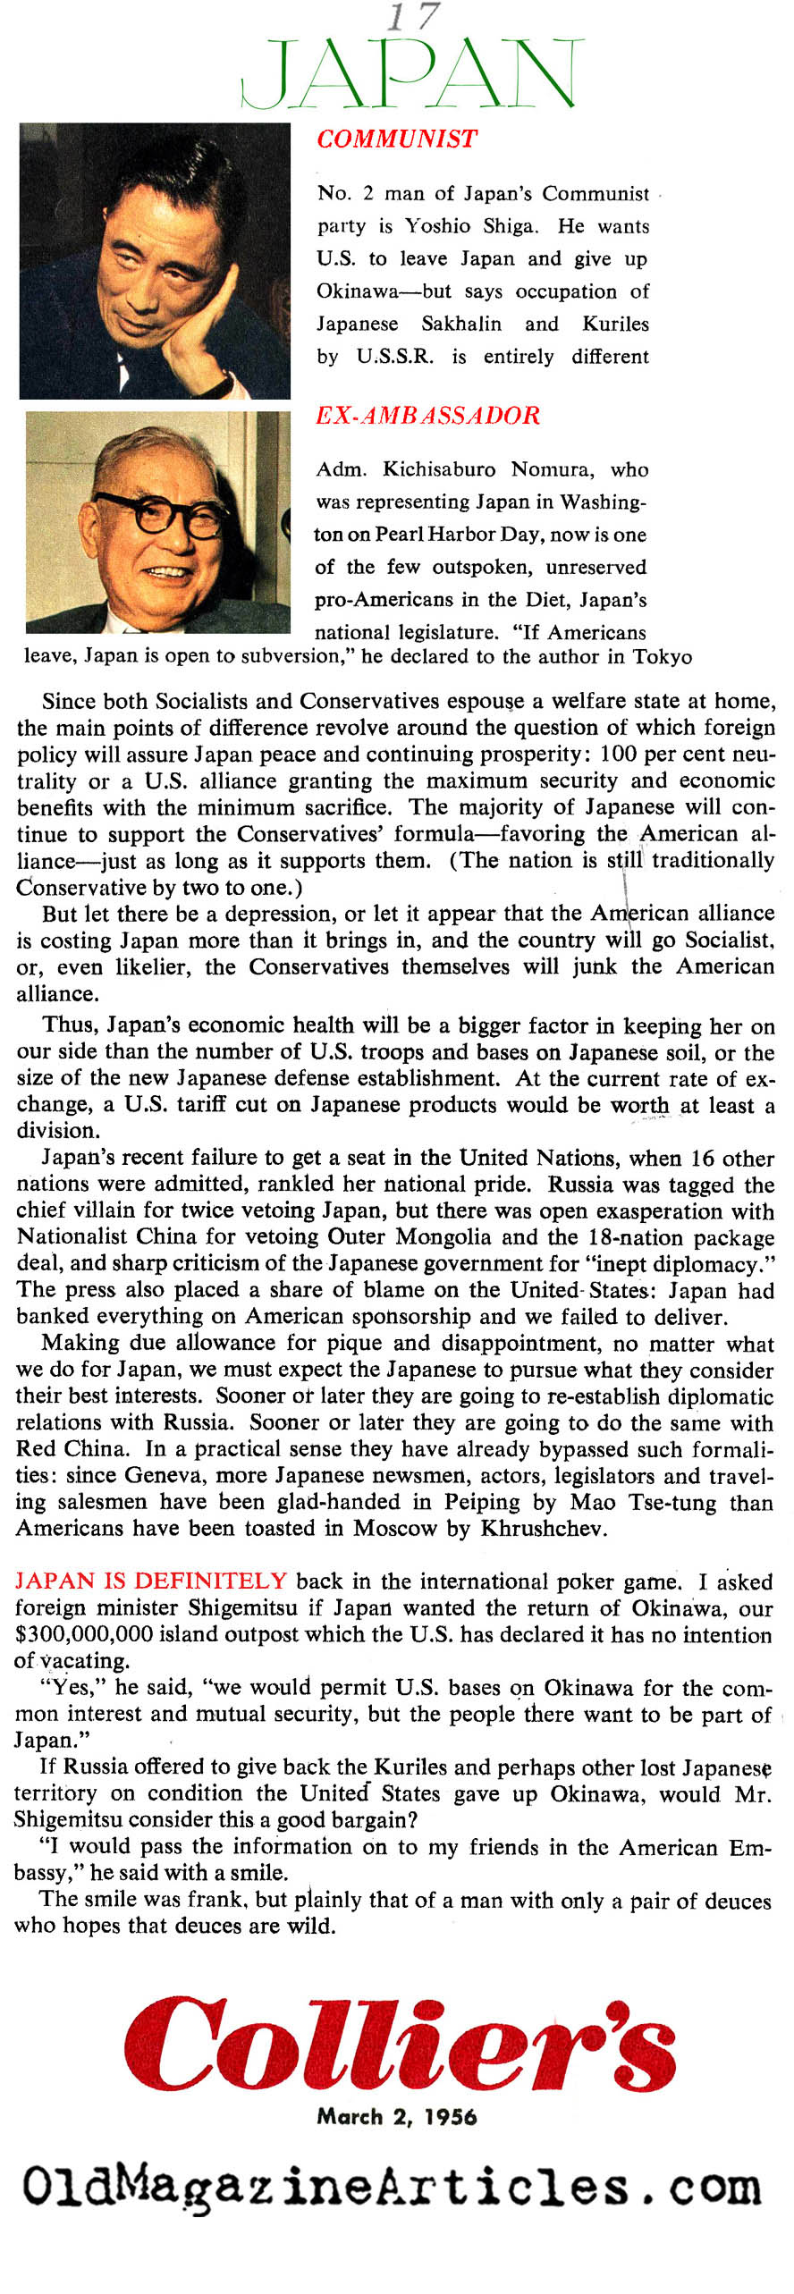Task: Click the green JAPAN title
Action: click(412, 74)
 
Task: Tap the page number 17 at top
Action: click(412, 17)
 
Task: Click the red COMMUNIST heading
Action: click(396, 139)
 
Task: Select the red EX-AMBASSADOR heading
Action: click(427, 416)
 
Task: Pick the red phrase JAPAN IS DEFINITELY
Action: click(150, 1581)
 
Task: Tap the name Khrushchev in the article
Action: click(544, 1528)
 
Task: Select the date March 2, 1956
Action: click(396, 2116)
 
